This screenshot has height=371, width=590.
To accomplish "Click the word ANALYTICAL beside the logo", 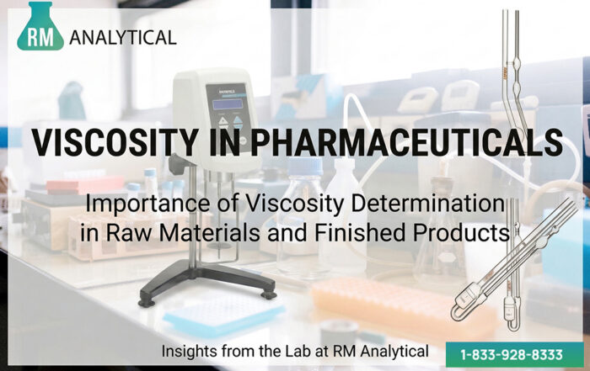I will pos(124,37).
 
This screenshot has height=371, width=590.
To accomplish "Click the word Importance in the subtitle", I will pos(150,203).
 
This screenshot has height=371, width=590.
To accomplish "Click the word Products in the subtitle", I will pos(459,233).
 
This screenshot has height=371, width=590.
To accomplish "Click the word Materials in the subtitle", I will pos(204,233).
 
